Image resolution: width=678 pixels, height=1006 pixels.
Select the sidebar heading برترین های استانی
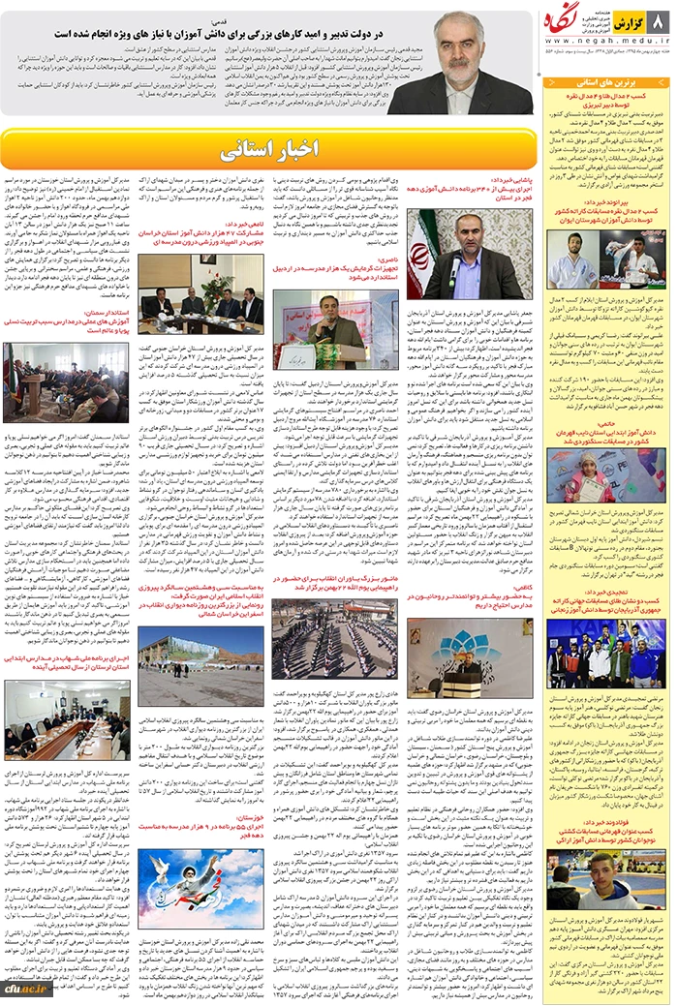pos(606,85)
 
